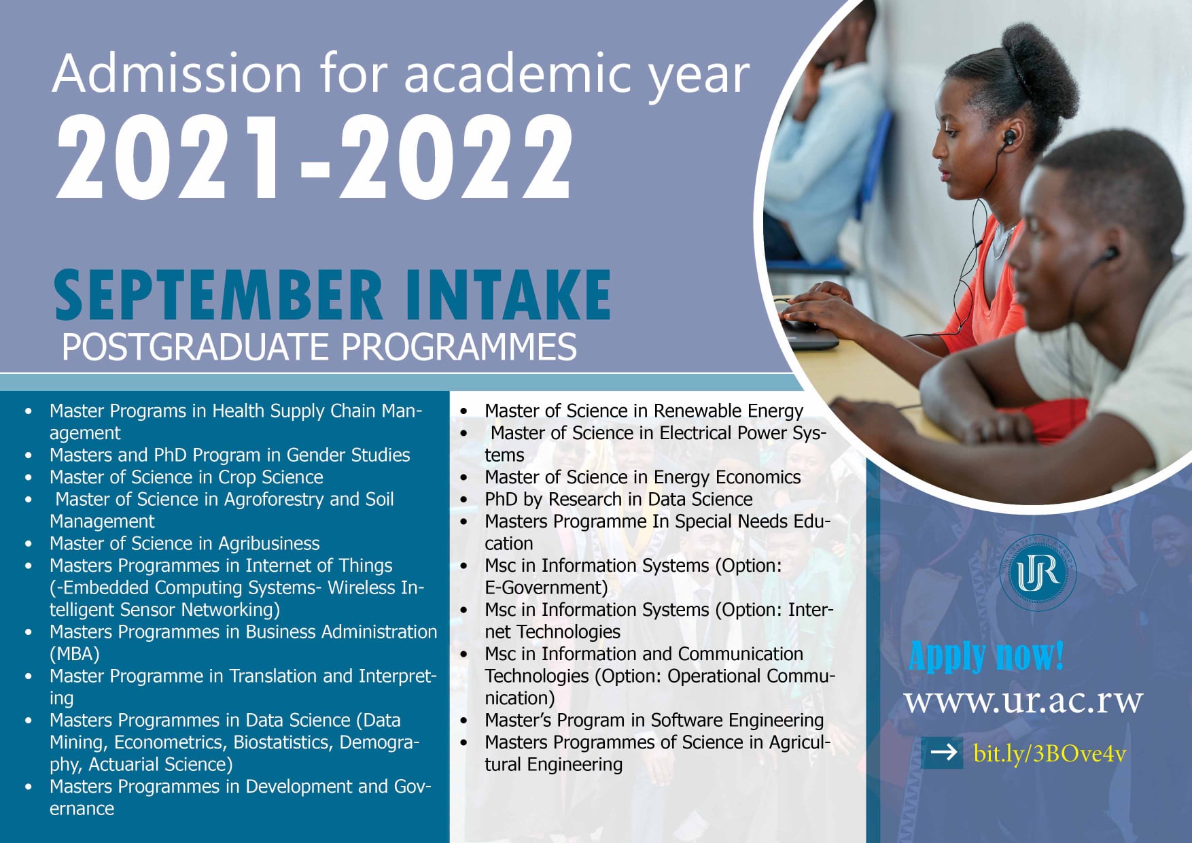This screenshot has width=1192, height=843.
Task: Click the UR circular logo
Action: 1038,573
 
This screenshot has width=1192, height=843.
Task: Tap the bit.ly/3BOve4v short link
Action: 1049,753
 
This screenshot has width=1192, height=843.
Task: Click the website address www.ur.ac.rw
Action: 1023,701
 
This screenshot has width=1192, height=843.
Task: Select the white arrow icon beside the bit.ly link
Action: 943,753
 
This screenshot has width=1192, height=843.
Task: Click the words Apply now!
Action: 986,656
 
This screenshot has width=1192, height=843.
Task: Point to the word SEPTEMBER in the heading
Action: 217,295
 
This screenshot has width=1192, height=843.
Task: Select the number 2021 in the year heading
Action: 170,158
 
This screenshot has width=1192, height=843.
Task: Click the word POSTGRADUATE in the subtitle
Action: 196,347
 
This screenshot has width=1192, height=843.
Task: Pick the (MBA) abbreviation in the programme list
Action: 74,654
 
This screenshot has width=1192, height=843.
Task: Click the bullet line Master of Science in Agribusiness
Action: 184,544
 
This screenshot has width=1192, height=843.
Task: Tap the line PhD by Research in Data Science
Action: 618,500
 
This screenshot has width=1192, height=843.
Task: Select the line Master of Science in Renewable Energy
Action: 643,411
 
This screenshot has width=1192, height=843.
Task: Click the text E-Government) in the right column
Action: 546,588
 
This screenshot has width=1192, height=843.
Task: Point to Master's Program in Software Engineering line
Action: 653,721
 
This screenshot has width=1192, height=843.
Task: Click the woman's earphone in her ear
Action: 1009,138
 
